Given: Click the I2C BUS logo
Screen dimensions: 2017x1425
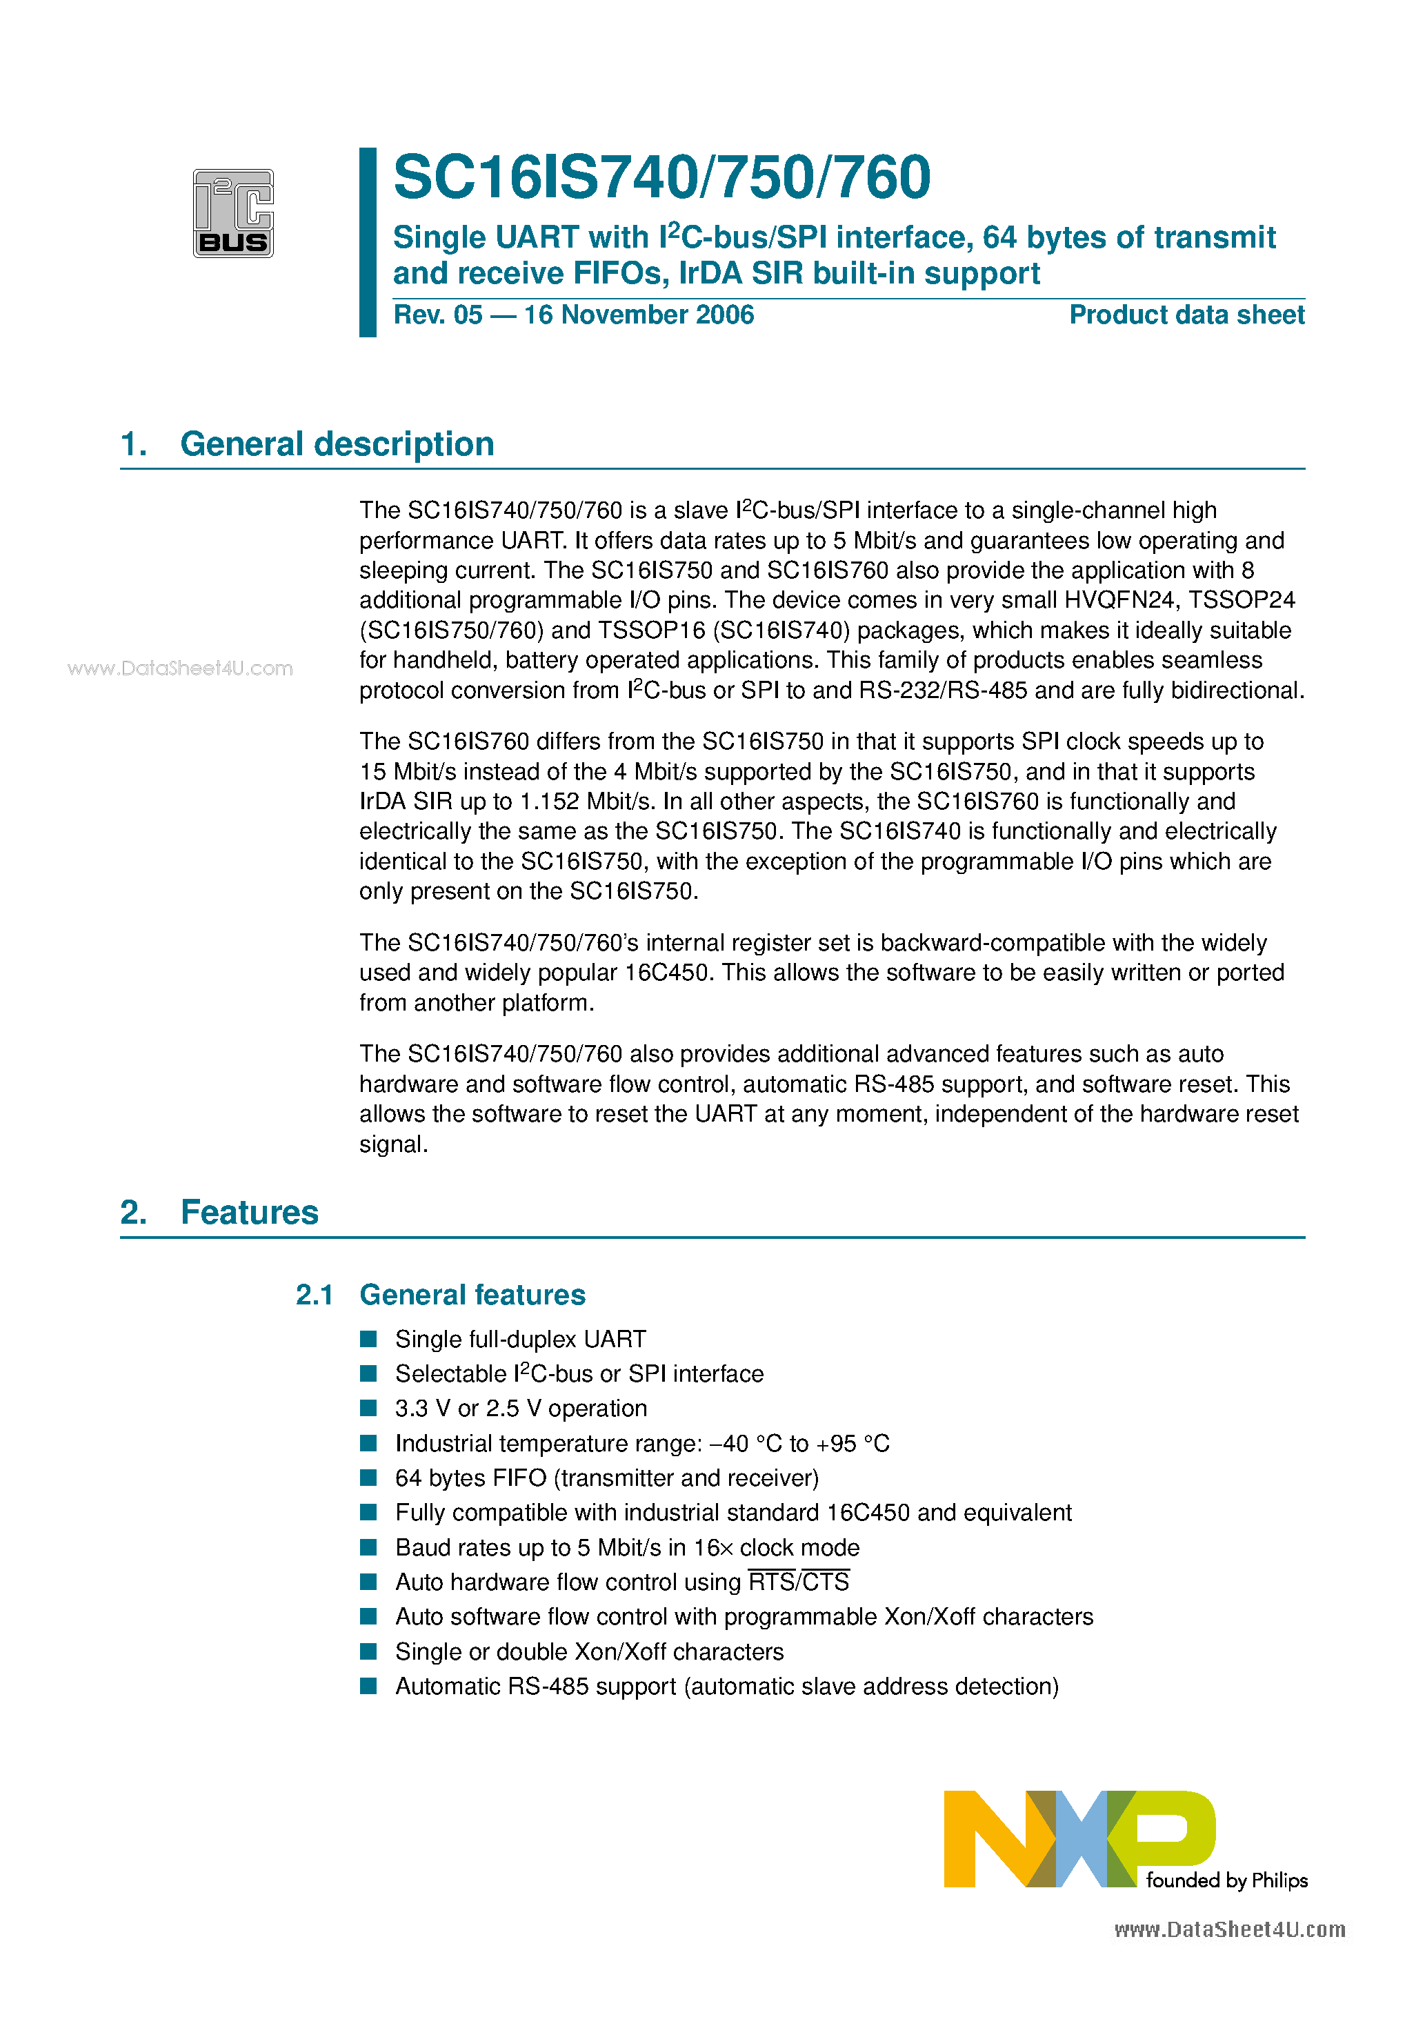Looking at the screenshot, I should (x=233, y=212).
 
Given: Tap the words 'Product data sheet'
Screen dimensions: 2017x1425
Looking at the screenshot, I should (x=1186, y=315).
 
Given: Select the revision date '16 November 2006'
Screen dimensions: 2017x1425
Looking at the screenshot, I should (x=639, y=315).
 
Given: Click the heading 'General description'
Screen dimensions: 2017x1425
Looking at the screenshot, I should (x=337, y=444).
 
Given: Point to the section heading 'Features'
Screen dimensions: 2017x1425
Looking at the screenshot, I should (x=250, y=1212).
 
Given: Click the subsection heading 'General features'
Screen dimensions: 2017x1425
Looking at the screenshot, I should (x=472, y=1295).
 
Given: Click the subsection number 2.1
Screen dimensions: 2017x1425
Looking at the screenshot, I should (x=314, y=1295).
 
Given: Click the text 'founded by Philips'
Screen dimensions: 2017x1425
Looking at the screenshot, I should (x=1226, y=1880).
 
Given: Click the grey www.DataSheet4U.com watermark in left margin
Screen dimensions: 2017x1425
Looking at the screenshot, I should (x=180, y=668).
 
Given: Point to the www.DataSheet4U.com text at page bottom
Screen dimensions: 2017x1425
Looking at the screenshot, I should (x=1229, y=1930).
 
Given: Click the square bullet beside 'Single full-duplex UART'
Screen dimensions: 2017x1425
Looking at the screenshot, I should (x=368, y=1339).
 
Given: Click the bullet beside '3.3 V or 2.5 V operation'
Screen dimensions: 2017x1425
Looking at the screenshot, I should (x=368, y=1408).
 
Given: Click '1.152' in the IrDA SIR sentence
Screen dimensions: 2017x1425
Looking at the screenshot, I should (x=549, y=801).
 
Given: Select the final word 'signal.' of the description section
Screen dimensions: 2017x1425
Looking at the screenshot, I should (x=394, y=1144).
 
